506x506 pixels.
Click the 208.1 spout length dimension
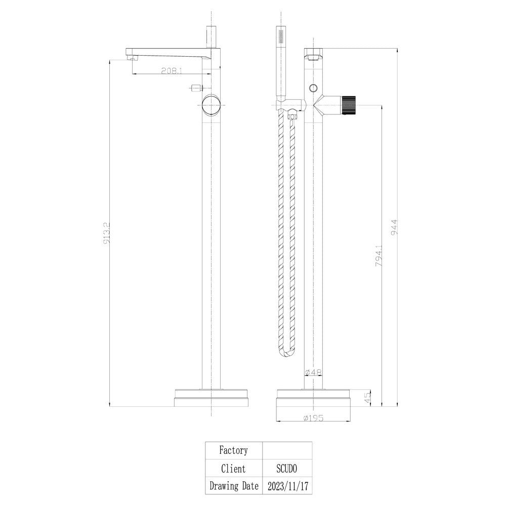tap(172, 71)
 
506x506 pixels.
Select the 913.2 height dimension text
tap(107, 233)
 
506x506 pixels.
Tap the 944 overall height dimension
tap(394, 227)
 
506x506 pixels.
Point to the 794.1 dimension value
tap(379, 256)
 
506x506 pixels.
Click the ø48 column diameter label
tap(313, 372)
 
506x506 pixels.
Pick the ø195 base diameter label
tap(313, 418)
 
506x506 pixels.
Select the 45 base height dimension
tap(367, 397)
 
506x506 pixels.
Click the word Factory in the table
tap(233, 450)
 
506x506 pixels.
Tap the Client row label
tap(233, 468)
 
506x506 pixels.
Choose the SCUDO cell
tap(286, 468)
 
